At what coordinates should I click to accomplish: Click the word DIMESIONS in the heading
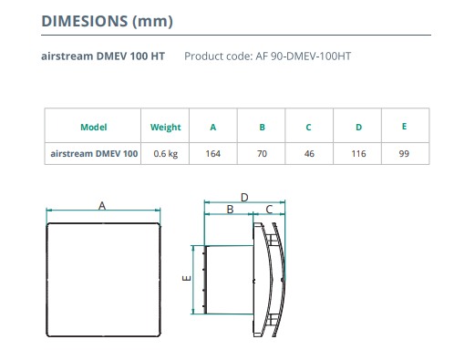(85, 21)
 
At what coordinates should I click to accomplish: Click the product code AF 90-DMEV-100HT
(304, 57)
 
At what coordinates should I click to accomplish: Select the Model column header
(94, 127)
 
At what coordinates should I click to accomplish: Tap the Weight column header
(166, 128)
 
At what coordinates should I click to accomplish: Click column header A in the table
(213, 127)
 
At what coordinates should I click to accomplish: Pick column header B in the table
(262, 127)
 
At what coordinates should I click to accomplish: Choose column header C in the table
(308, 127)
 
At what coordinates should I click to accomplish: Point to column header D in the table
(358, 127)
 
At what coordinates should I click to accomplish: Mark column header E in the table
(404, 127)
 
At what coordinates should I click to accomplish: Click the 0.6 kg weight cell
(166, 154)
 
